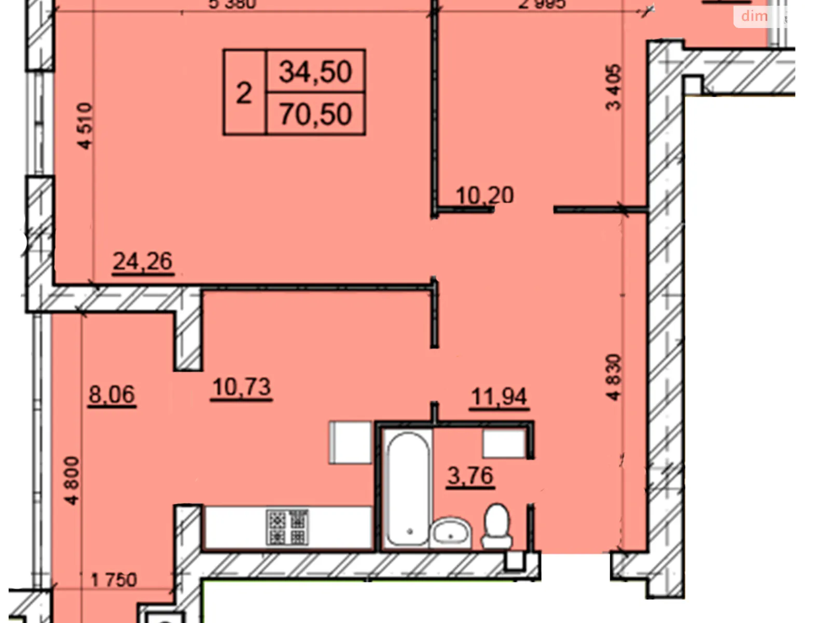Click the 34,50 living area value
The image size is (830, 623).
(315, 71)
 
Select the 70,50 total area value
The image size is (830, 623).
(315, 114)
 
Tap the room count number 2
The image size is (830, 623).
(244, 93)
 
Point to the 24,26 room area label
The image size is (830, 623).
(143, 261)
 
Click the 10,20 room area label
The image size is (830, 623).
(485, 195)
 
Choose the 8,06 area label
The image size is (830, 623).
(112, 395)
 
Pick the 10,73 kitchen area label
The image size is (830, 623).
(242, 387)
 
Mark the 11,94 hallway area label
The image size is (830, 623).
(499, 397)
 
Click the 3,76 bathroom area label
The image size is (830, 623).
(471, 476)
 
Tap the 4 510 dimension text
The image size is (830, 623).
(85, 126)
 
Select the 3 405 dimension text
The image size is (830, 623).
(613, 87)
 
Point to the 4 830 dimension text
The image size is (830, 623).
(614, 377)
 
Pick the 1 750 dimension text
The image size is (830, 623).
(114, 579)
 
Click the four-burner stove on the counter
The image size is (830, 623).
(287, 527)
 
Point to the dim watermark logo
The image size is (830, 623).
(754, 16)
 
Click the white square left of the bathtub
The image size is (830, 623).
(351, 442)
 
